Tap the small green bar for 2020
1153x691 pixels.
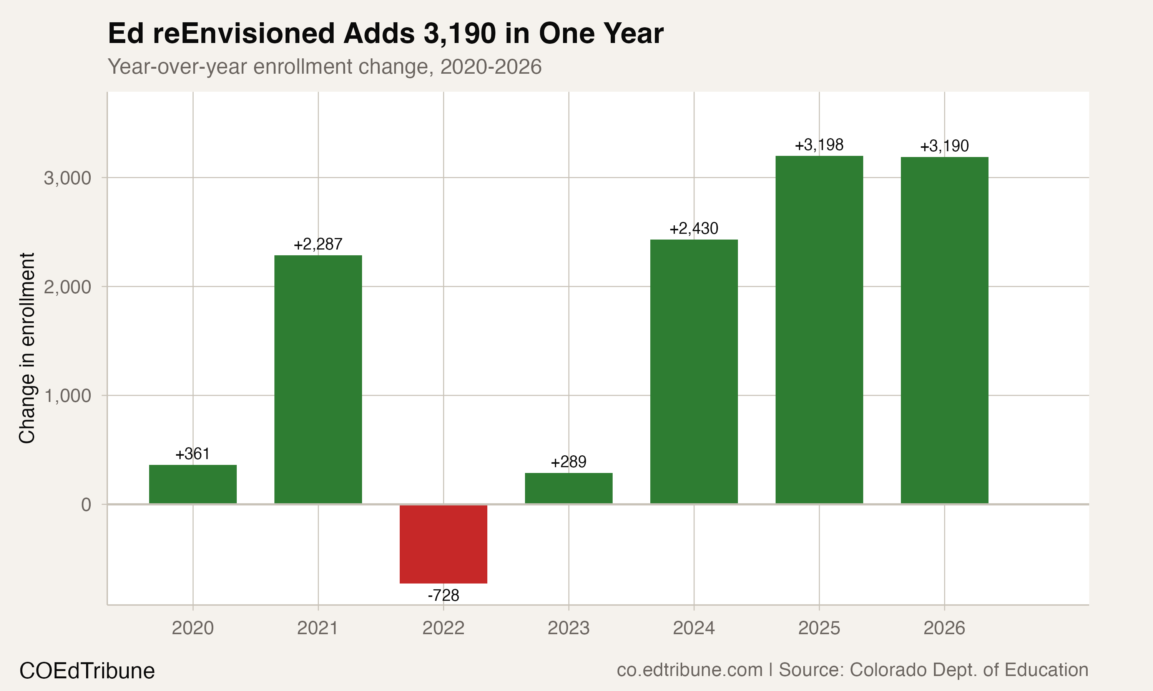pyautogui.click(x=193, y=484)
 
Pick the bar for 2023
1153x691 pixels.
pyautogui.click(x=568, y=488)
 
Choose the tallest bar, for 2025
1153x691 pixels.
pyautogui.click(x=819, y=329)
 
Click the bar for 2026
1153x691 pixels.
pyautogui.click(x=944, y=330)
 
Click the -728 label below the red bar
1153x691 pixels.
pyautogui.click(x=443, y=595)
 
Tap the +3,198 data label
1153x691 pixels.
pyautogui.click(x=819, y=145)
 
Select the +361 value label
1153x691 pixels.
pyautogui.click(x=193, y=454)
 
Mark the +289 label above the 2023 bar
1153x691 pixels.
pyautogui.click(x=568, y=462)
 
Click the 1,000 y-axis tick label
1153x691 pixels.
pyautogui.click(x=67, y=396)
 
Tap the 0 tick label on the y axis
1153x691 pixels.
pyautogui.click(x=86, y=505)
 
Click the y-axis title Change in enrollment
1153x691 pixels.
pyautogui.click(x=27, y=348)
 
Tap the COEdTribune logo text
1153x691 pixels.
pyautogui.click(x=87, y=671)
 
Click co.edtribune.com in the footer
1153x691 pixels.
pyautogui.click(x=689, y=670)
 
